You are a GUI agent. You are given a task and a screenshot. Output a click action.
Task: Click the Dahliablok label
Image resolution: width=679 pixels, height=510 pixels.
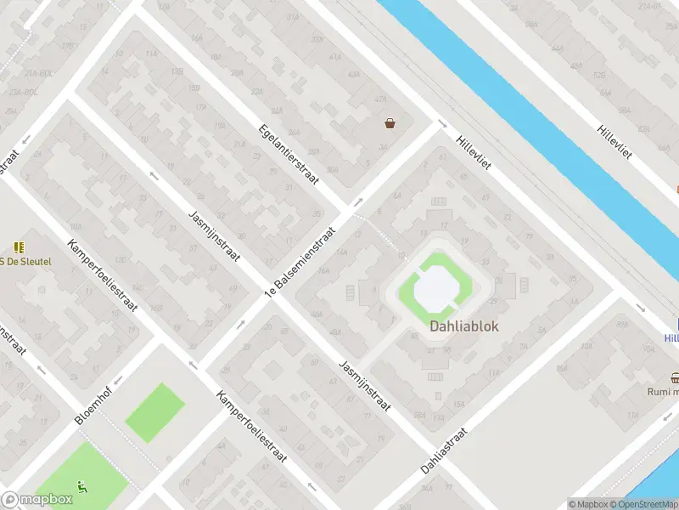463,326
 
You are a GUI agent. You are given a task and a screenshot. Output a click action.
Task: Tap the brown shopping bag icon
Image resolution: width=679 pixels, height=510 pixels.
390,123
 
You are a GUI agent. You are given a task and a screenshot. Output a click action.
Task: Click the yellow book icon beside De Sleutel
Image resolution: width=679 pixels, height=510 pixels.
20,247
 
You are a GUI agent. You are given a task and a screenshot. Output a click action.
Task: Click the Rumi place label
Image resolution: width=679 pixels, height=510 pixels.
663,392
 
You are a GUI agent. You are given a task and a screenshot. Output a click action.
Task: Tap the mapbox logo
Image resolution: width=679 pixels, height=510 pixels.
36,500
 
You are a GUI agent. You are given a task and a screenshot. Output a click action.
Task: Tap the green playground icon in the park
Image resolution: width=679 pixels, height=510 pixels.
82,487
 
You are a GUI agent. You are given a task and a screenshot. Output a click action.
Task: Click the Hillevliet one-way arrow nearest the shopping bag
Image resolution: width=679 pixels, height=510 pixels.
441,125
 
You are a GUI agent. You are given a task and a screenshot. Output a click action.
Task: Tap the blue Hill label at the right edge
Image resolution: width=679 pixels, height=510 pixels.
671,338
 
